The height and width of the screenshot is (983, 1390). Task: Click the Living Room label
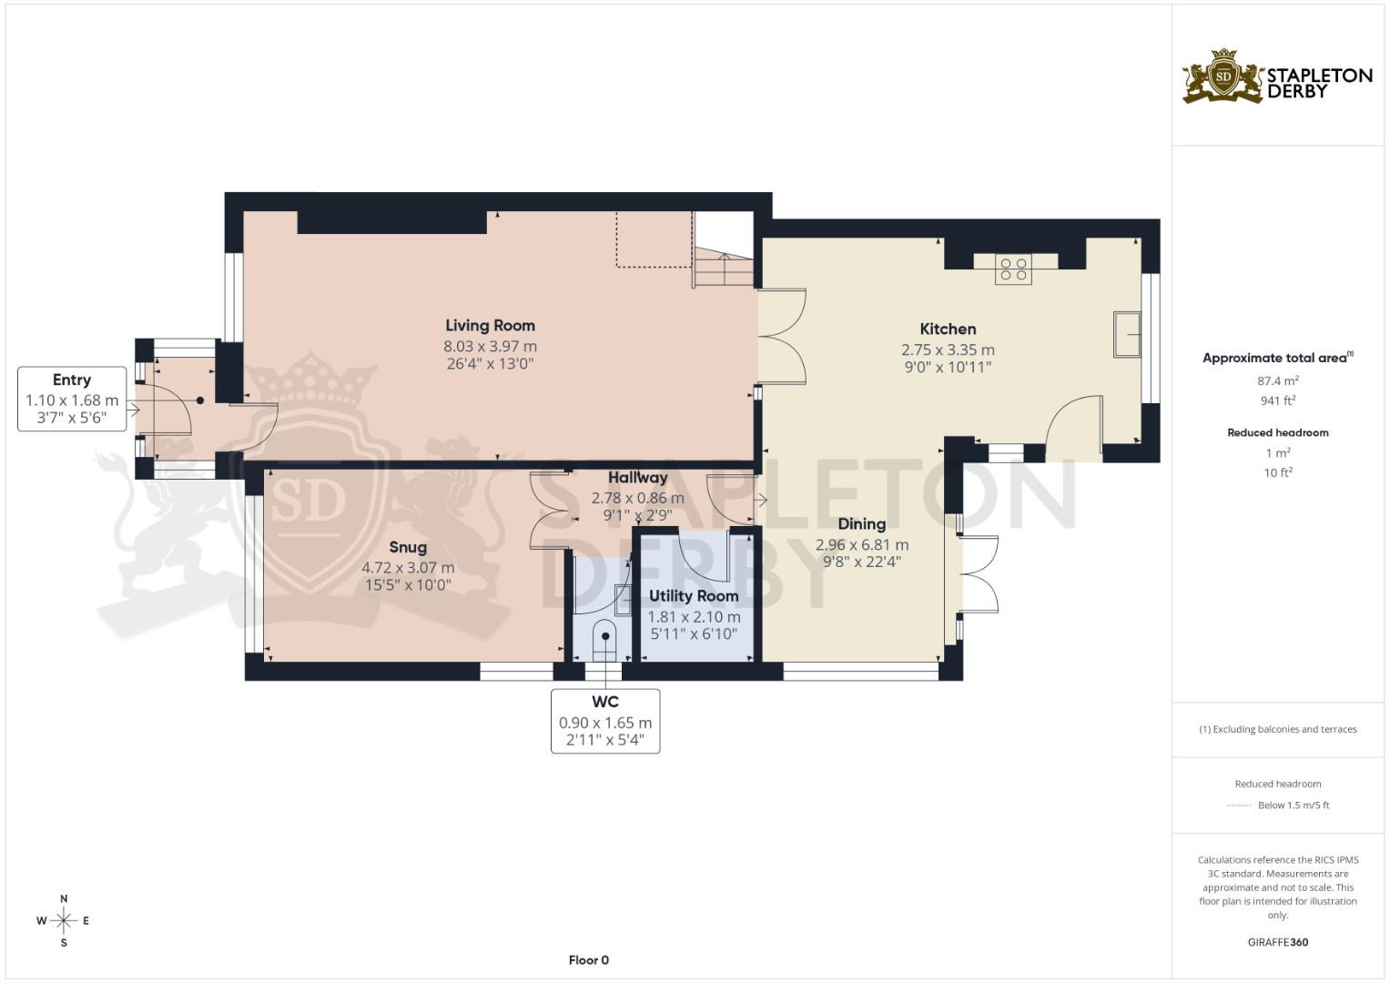point(490,326)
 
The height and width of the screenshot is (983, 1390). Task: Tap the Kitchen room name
point(948,329)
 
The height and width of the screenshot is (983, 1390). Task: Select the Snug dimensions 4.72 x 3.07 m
point(408,568)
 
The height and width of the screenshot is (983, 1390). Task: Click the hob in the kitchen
point(1013,269)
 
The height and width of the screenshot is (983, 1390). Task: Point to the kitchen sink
point(1128,334)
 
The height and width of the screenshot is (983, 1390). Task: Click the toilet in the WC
point(604,641)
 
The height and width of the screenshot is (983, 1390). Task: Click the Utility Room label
point(694,596)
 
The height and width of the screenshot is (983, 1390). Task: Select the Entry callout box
point(72,400)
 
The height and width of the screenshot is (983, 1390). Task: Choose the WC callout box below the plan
point(605,721)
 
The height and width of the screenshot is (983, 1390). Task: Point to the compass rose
point(64,921)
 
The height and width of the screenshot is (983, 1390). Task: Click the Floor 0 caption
point(588,960)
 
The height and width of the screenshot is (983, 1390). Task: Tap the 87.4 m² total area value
point(1278,381)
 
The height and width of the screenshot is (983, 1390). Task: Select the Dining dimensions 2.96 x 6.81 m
point(861,545)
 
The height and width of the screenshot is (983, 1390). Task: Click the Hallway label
point(637,478)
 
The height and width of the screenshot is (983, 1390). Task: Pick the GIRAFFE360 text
point(1277,942)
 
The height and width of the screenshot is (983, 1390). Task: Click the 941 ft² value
point(1278,400)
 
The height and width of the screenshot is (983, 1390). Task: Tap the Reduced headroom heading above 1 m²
point(1278,432)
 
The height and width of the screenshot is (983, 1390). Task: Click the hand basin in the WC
point(624,598)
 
